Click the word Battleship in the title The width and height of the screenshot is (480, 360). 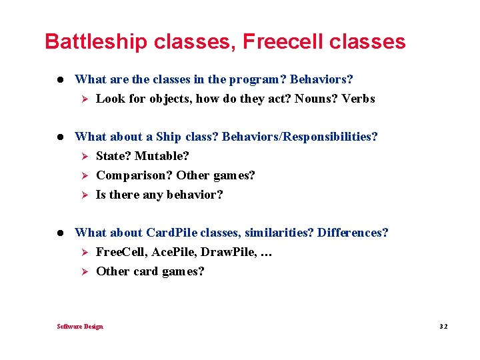click(x=96, y=42)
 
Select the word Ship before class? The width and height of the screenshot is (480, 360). click(x=168, y=137)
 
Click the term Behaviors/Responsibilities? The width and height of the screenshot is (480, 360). click(x=300, y=137)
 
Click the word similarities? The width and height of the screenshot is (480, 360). click(x=279, y=233)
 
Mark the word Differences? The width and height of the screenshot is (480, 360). click(x=353, y=233)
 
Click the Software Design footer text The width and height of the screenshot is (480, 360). click(x=80, y=326)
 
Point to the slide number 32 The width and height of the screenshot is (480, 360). click(x=443, y=327)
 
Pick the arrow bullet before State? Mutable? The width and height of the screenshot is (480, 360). click(x=85, y=156)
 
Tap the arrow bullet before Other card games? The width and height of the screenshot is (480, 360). click(x=85, y=271)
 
